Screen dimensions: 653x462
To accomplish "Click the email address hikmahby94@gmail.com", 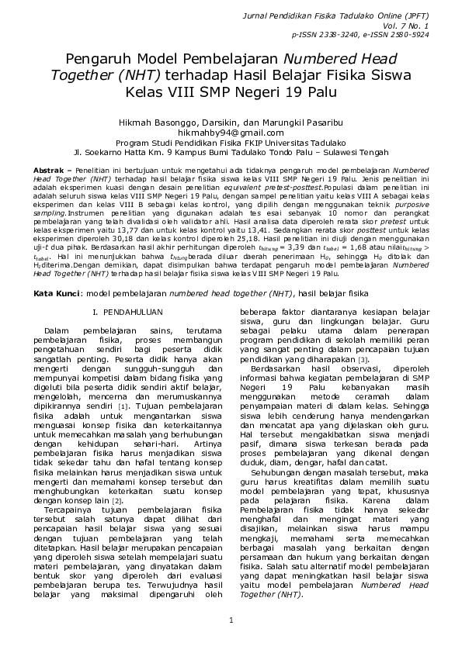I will coord(231,133).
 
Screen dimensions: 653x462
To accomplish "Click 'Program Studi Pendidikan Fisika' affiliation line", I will coord(231,143).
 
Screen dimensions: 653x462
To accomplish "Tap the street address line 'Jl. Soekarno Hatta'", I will coord(231,153).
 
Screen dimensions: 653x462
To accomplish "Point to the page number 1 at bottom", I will coord(231,620).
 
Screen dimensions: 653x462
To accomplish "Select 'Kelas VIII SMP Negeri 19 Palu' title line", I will coord(231,92).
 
